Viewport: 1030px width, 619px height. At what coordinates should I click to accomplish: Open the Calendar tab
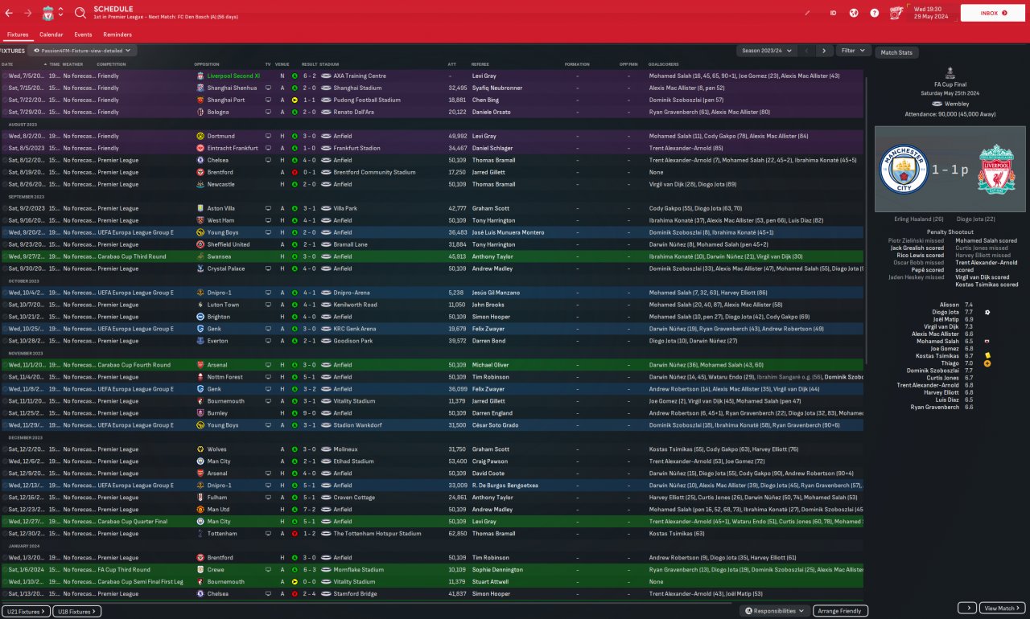[x=51, y=35]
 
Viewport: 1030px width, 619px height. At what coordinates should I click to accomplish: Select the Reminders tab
[x=117, y=35]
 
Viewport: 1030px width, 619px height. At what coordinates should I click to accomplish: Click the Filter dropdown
[x=853, y=51]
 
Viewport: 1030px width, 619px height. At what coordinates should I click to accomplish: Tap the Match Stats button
[x=896, y=52]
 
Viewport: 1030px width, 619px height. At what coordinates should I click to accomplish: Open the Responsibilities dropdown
[x=775, y=611]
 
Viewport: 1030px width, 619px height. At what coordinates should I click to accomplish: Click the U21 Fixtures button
[x=26, y=612]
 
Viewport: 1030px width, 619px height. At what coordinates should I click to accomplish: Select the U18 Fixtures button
[x=77, y=612]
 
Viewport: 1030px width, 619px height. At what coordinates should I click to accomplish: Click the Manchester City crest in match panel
[x=904, y=169]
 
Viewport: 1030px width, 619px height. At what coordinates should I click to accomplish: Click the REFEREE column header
[x=480, y=64]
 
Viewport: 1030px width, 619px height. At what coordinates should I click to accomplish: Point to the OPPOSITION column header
[x=207, y=64]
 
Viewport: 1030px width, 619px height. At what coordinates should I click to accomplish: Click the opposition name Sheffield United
[x=229, y=244]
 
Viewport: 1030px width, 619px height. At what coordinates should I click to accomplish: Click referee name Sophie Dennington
[x=497, y=569]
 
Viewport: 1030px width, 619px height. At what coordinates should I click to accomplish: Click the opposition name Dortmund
[x=220, y=136]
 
